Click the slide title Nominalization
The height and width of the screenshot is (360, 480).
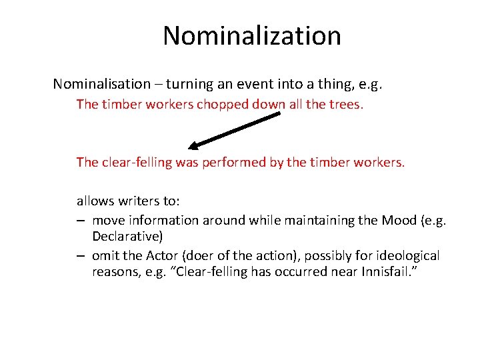pos(251,35)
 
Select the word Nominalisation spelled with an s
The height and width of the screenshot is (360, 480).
pos(102,84)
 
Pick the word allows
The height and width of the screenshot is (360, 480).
pos(95,201)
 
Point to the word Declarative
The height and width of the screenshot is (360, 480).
pos(127,236)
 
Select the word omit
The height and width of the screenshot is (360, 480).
pos(106,256)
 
